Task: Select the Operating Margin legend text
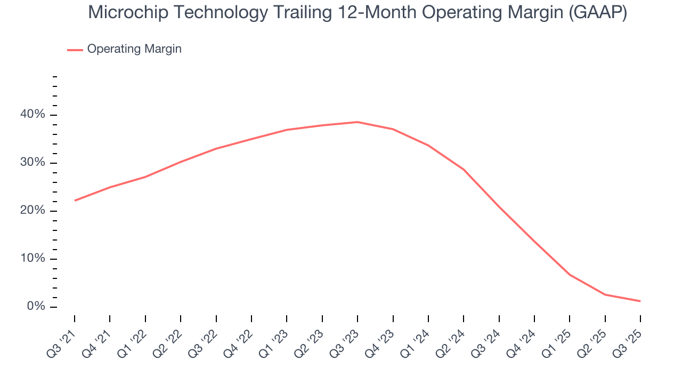pos(134,49)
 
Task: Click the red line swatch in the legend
pos(75,50)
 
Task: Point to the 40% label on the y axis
pos(33,115)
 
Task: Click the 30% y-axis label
pos(33,163)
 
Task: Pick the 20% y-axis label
pos(33,211)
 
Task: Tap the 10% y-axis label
pos(33,259)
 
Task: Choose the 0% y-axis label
pos(36,307)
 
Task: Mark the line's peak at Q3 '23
pos(358,122)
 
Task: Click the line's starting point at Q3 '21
pos(75,201)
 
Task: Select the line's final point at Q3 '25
pos(640,301)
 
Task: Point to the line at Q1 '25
pos(570,275)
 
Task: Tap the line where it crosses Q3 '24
pos(499,207)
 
